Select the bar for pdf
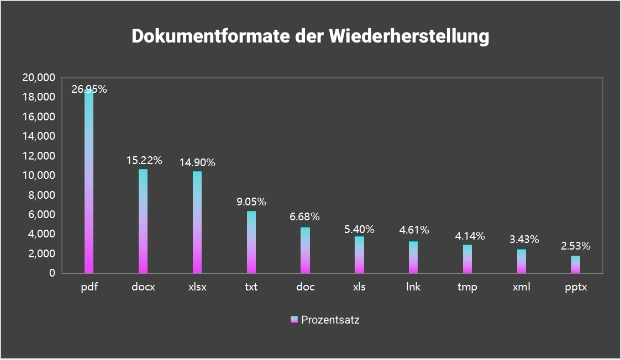(89, 182)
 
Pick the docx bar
(143, 221)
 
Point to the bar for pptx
(576, 264)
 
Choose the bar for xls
(359, 255)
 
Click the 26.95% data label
(89, 89)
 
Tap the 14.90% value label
(197, 162)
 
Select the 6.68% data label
(305, 216)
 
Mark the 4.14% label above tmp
(470, 236)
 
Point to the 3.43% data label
(524, 240)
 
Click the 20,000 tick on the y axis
(38, 78)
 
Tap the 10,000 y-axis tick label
(38, 176)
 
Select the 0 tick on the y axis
(52, 273)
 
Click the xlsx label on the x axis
(197, 288)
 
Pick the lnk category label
(413, 288)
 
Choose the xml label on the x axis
(522, 288)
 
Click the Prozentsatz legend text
(330, 320)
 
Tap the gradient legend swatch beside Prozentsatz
(294, 320)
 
